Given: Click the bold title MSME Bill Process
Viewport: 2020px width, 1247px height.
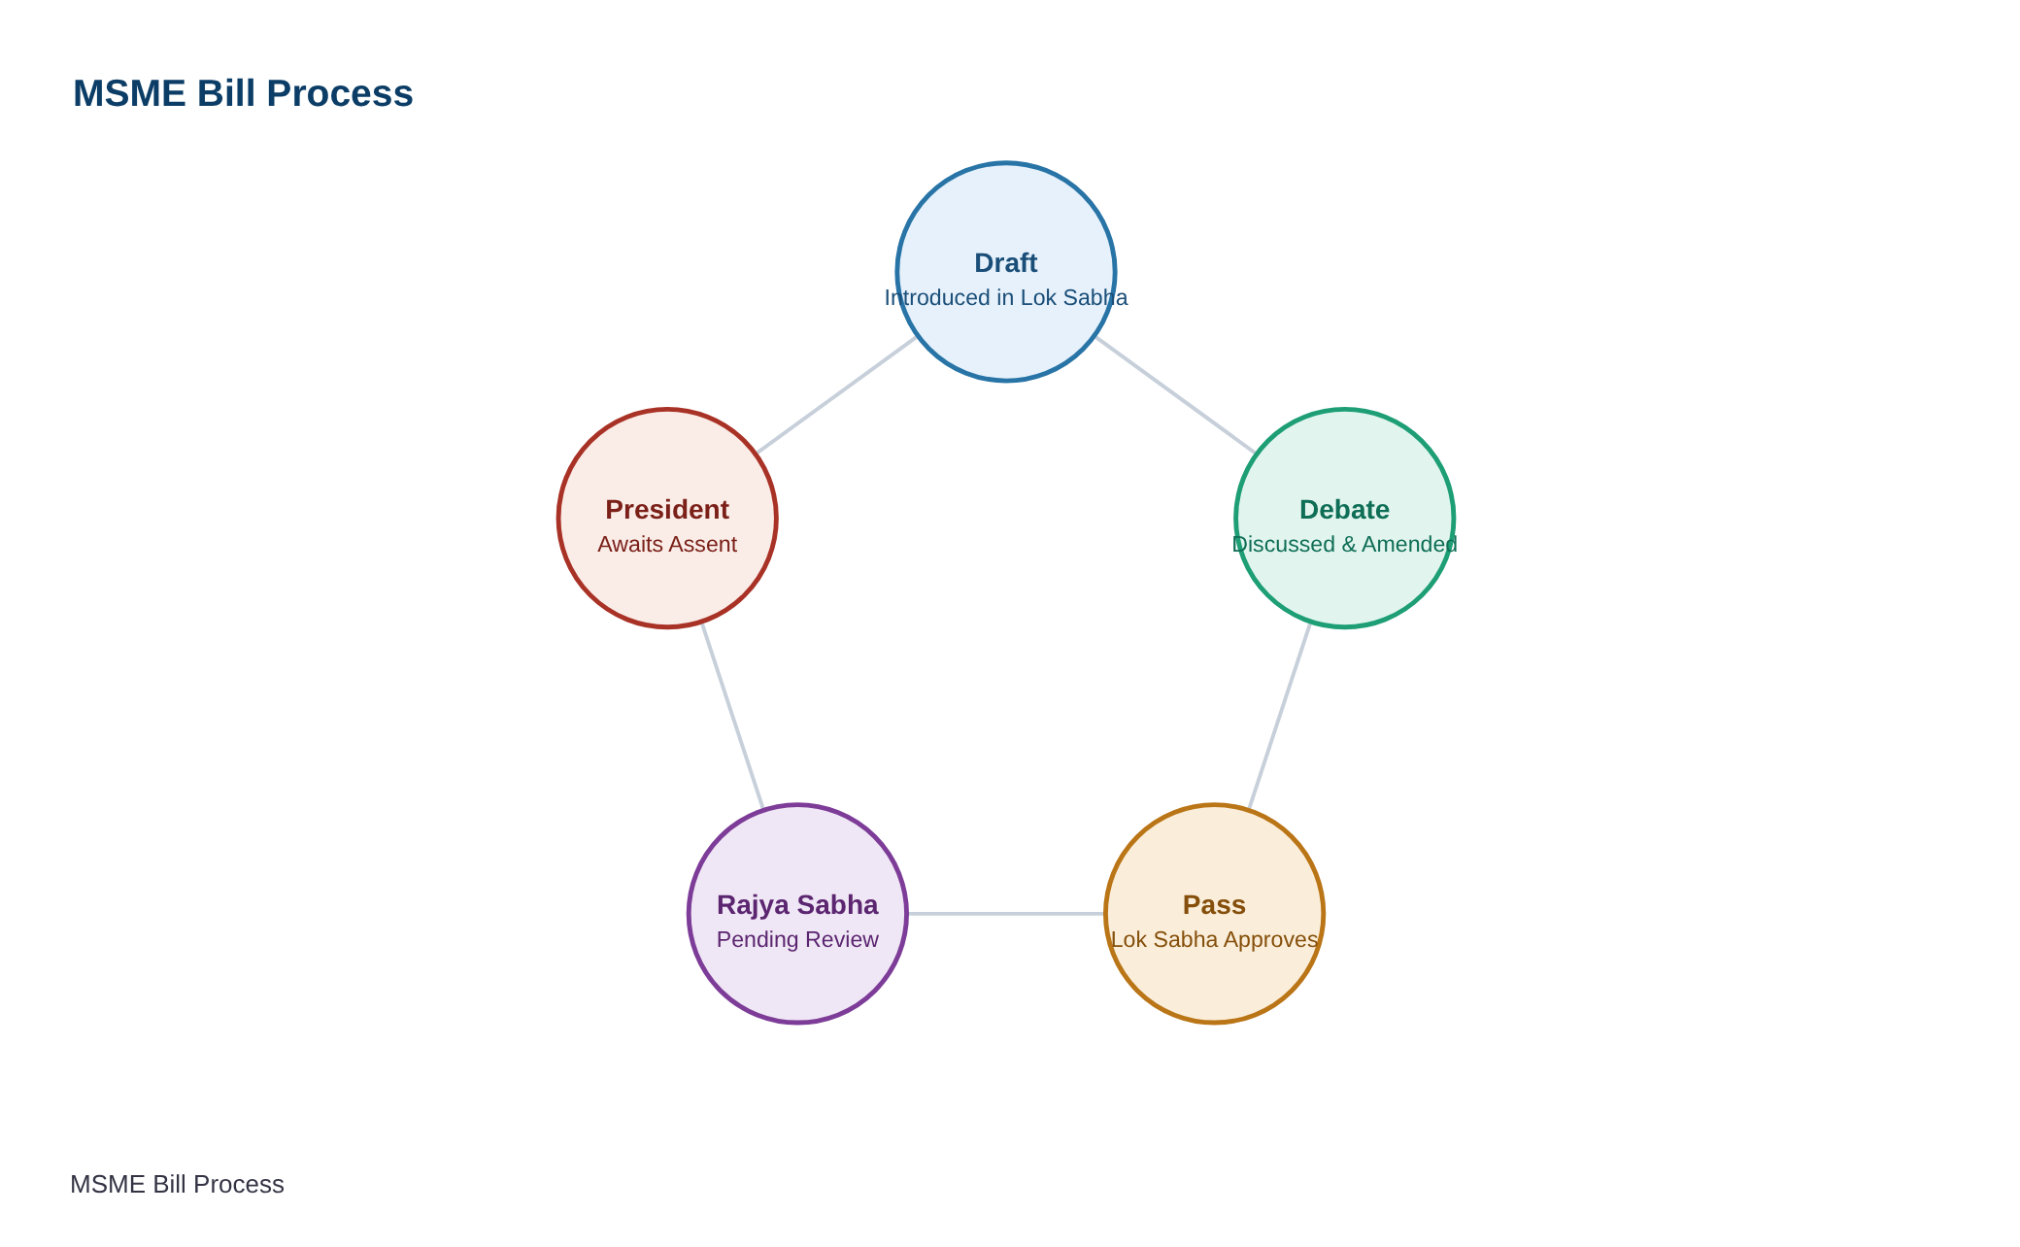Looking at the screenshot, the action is pyautogui.click(x=243, y=93).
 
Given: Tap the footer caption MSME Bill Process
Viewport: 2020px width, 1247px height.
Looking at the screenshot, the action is pyautogui.click(x=177, y=1184).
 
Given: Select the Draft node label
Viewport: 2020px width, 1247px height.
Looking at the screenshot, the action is pyautogui.click(x=1006, y=263).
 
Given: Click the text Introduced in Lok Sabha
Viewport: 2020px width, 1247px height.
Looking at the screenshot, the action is pyautogui.click(x=1006, y=297).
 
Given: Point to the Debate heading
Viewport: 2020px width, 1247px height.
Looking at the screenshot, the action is pyautogui.click(x=1344, y=510).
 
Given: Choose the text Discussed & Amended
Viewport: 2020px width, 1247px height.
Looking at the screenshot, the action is pyautogui.click(x=1344, y=544).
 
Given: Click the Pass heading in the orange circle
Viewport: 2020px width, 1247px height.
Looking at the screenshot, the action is pyautogui.click(x=1214, y=905).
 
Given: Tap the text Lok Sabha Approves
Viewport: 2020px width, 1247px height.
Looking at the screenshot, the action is pyautogui.click(x=1214, y=939).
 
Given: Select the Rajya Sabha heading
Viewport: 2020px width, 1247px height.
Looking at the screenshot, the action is pyautogui.click(x=797, y=905).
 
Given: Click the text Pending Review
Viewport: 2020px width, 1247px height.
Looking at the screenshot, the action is pyautogui.click(x=797, y=939).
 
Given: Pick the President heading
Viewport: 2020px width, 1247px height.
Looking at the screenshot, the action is pyautogui.click(x=667, y=510).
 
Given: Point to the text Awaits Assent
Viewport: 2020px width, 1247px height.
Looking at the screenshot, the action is pyautogui.click(x=667, y=544).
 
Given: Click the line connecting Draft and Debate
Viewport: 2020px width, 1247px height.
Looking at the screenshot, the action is pyautogui.click(x=1175, y=395).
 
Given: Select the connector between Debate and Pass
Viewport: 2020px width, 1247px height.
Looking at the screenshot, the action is pyautogui.click(x=1279, y=716).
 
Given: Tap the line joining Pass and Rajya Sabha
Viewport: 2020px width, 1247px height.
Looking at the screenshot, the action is pyautogui.click(x=1006, y=914).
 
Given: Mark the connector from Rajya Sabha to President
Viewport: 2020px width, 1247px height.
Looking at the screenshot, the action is pyautogui.click(x=732, y=716).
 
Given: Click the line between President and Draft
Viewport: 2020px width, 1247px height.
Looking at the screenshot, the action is pyautogui.click(x=837, y=395).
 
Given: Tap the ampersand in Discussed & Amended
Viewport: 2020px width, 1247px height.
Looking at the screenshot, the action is pyautogui.click(x=1348, y=544).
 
